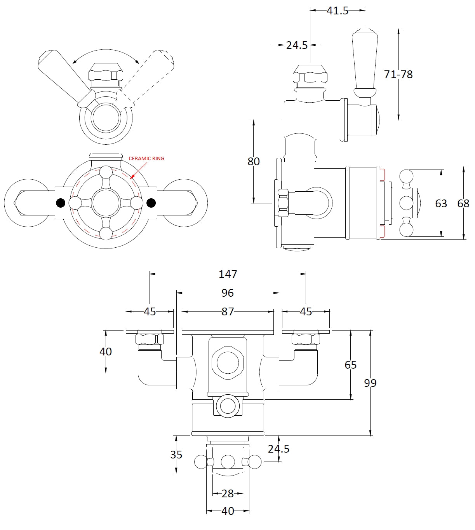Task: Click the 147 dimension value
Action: pyautogui.click(x=228, y=274)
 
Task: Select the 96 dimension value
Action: pyautogui.click(x=228, y=293)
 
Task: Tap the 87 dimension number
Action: pyautogui.click(x=228, y=311)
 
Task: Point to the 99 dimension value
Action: pyautogui.click(x=370, y=383)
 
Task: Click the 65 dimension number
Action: pyautogui.click(x=350, y=365)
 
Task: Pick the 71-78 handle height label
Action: pyautogui.click(x=398, y=74)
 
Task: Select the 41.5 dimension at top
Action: pyautogui.click(x=337, y=11)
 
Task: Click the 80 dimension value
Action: pyautogui.click(x=254, y=161)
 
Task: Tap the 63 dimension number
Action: pyautogui.click(x=441, y=203)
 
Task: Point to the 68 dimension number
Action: pyautogui.click(x=463, y=203)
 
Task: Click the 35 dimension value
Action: pyautogui.click(x=176, y=455)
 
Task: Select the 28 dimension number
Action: pyautogui.click(x=228, y=494)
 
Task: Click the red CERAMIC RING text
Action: pyautogui.click(x=146, y=159)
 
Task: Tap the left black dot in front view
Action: pyautogui.click(x=61, y=203)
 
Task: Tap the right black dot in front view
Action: pyautogui.click(x=151, y=203)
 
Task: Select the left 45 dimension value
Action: pyautogui.click(x=150, y=311)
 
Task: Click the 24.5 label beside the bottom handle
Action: pyautogui.click(x=278, y=449)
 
